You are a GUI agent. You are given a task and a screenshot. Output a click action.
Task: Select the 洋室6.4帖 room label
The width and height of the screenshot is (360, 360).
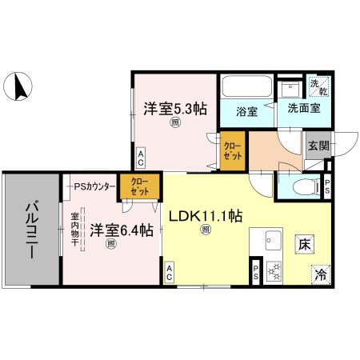point(121,230)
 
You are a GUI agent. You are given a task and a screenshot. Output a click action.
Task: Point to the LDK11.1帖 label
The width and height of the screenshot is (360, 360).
point(206,215)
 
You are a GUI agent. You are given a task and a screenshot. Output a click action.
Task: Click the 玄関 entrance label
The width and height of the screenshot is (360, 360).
point(317,146)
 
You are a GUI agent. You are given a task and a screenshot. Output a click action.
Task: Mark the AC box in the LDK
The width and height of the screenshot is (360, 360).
point(170,272)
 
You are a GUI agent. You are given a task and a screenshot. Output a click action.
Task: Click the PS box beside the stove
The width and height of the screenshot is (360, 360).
point(255,270)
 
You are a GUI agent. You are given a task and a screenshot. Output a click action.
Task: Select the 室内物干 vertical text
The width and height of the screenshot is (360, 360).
point(74,229)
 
